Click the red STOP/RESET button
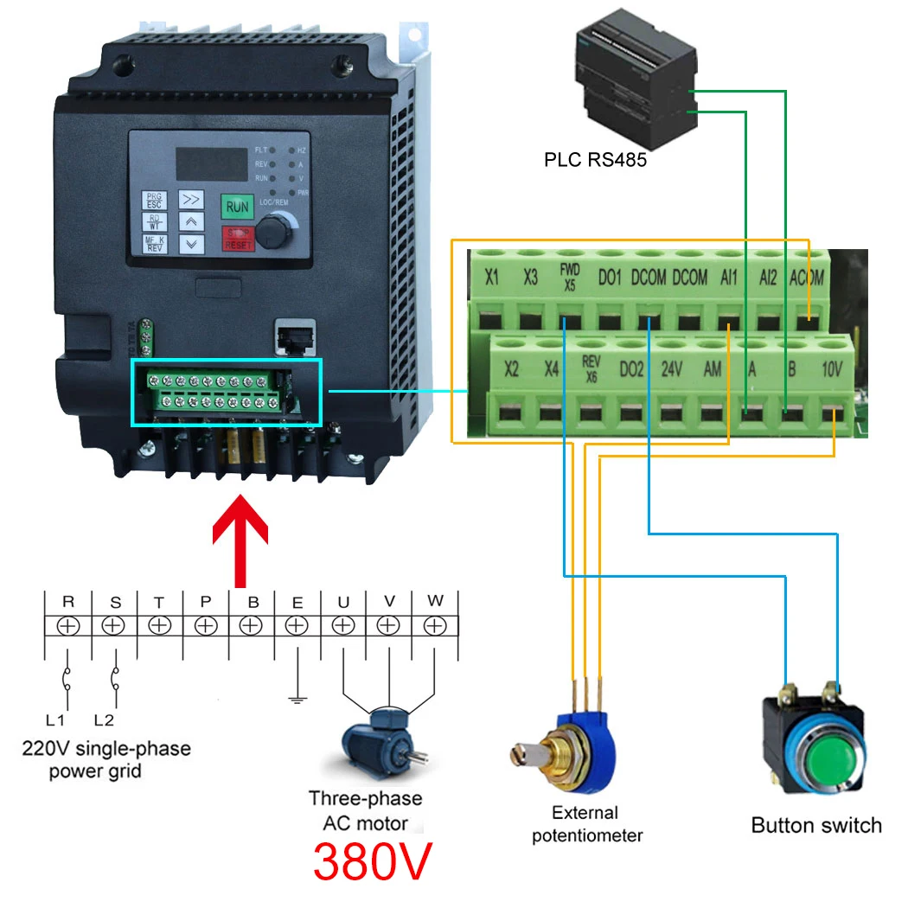pyautogui.click(x=237, y=238)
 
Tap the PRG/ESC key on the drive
pyautogui.click(x=154, y=200)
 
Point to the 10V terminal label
pyautogui.click(x=831, y=369)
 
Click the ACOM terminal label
pyautogui.click(x=807, y=278)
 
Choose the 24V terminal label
pyautogui.click(x=672, y=369)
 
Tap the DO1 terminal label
pyautogui.click(x=610, y=278)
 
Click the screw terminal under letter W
pyautogui.click(x=435, y=625)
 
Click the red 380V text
pyautogui.click(x=371, y=860)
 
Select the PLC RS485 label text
pyautogui.click(x=595, y=160)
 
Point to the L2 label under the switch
pyautogui.click(x=104, y=719)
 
